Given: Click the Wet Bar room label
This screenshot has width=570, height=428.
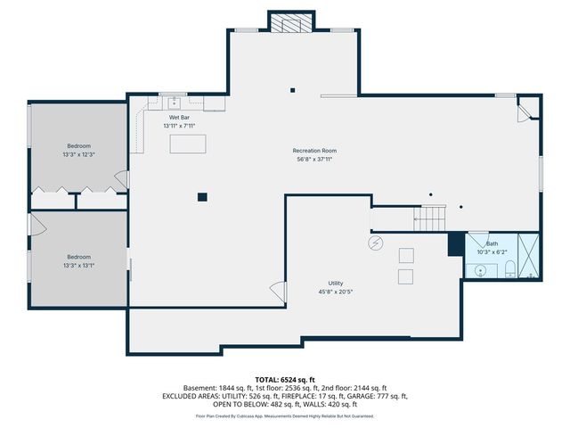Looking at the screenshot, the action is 179,118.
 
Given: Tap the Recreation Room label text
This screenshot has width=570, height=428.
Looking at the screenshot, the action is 314,151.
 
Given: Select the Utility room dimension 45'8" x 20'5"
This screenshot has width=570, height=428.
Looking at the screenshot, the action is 336,292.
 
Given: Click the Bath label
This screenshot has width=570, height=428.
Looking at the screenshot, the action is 492,243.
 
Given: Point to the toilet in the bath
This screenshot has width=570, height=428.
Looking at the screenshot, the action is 510,268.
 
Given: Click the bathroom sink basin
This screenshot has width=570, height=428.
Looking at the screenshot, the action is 481,271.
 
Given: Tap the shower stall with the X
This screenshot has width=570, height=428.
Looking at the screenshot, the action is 528,256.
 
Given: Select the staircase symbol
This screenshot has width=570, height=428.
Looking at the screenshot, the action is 429,218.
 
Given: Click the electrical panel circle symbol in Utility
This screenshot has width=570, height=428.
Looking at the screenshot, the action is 376,243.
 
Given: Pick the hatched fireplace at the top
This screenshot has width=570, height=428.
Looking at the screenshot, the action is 291,23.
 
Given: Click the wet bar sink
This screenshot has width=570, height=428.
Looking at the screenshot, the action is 175,103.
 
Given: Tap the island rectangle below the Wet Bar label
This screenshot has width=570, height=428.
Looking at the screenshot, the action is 188,144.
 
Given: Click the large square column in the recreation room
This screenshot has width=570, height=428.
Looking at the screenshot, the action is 202,197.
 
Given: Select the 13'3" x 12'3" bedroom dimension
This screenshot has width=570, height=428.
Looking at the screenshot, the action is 79,154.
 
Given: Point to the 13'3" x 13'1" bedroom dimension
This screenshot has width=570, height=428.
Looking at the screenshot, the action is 79,266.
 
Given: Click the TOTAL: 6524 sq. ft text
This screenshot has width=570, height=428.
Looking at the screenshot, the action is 285,380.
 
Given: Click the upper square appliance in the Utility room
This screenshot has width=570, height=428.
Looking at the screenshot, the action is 406,256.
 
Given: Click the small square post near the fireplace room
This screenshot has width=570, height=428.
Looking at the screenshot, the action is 292,90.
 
